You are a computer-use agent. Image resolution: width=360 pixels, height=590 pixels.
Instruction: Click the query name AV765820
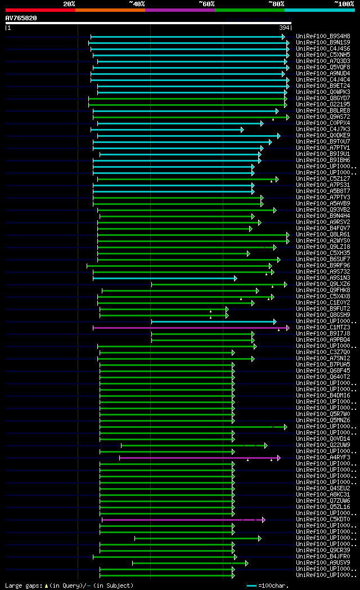[x=21, y=18]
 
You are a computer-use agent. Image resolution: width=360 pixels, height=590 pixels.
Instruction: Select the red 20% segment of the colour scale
[x=40, y=10]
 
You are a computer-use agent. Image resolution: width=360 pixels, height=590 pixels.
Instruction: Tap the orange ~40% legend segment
[x=110, y=10]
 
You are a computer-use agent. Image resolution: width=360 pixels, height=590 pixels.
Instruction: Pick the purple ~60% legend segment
[x=179, y=10]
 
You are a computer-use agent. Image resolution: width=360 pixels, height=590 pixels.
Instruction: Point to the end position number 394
[x=284, y=28]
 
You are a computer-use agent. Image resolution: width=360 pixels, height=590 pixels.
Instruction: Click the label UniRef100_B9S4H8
[x=323, y=37]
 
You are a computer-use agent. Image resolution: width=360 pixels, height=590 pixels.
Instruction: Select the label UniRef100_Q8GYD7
[x=323, y=99]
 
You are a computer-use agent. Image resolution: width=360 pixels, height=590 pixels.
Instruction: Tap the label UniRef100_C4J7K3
[x=323, y=129]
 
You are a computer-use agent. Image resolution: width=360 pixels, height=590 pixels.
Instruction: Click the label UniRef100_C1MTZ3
[x=323, y=328]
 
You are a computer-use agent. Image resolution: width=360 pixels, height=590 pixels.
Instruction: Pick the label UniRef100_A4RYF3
[x=323, y=458]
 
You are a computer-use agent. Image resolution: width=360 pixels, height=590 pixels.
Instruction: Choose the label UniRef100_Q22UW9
[x=323, y=445]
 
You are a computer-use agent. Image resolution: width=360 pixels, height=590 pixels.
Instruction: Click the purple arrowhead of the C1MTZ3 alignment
[x=287, y=328]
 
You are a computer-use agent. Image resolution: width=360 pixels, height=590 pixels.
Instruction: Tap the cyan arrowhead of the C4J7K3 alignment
[x=242, y=129]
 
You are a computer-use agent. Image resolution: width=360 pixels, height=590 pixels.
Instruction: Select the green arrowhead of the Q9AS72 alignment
[x=287, y=117]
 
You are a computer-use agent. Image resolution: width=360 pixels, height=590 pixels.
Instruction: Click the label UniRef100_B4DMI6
[x=323, y=396]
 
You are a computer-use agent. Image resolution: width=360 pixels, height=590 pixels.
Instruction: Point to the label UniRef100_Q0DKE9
[x=323, y=136]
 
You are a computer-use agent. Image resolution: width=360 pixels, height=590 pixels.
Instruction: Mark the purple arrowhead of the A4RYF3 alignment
[x=278, y=458]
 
